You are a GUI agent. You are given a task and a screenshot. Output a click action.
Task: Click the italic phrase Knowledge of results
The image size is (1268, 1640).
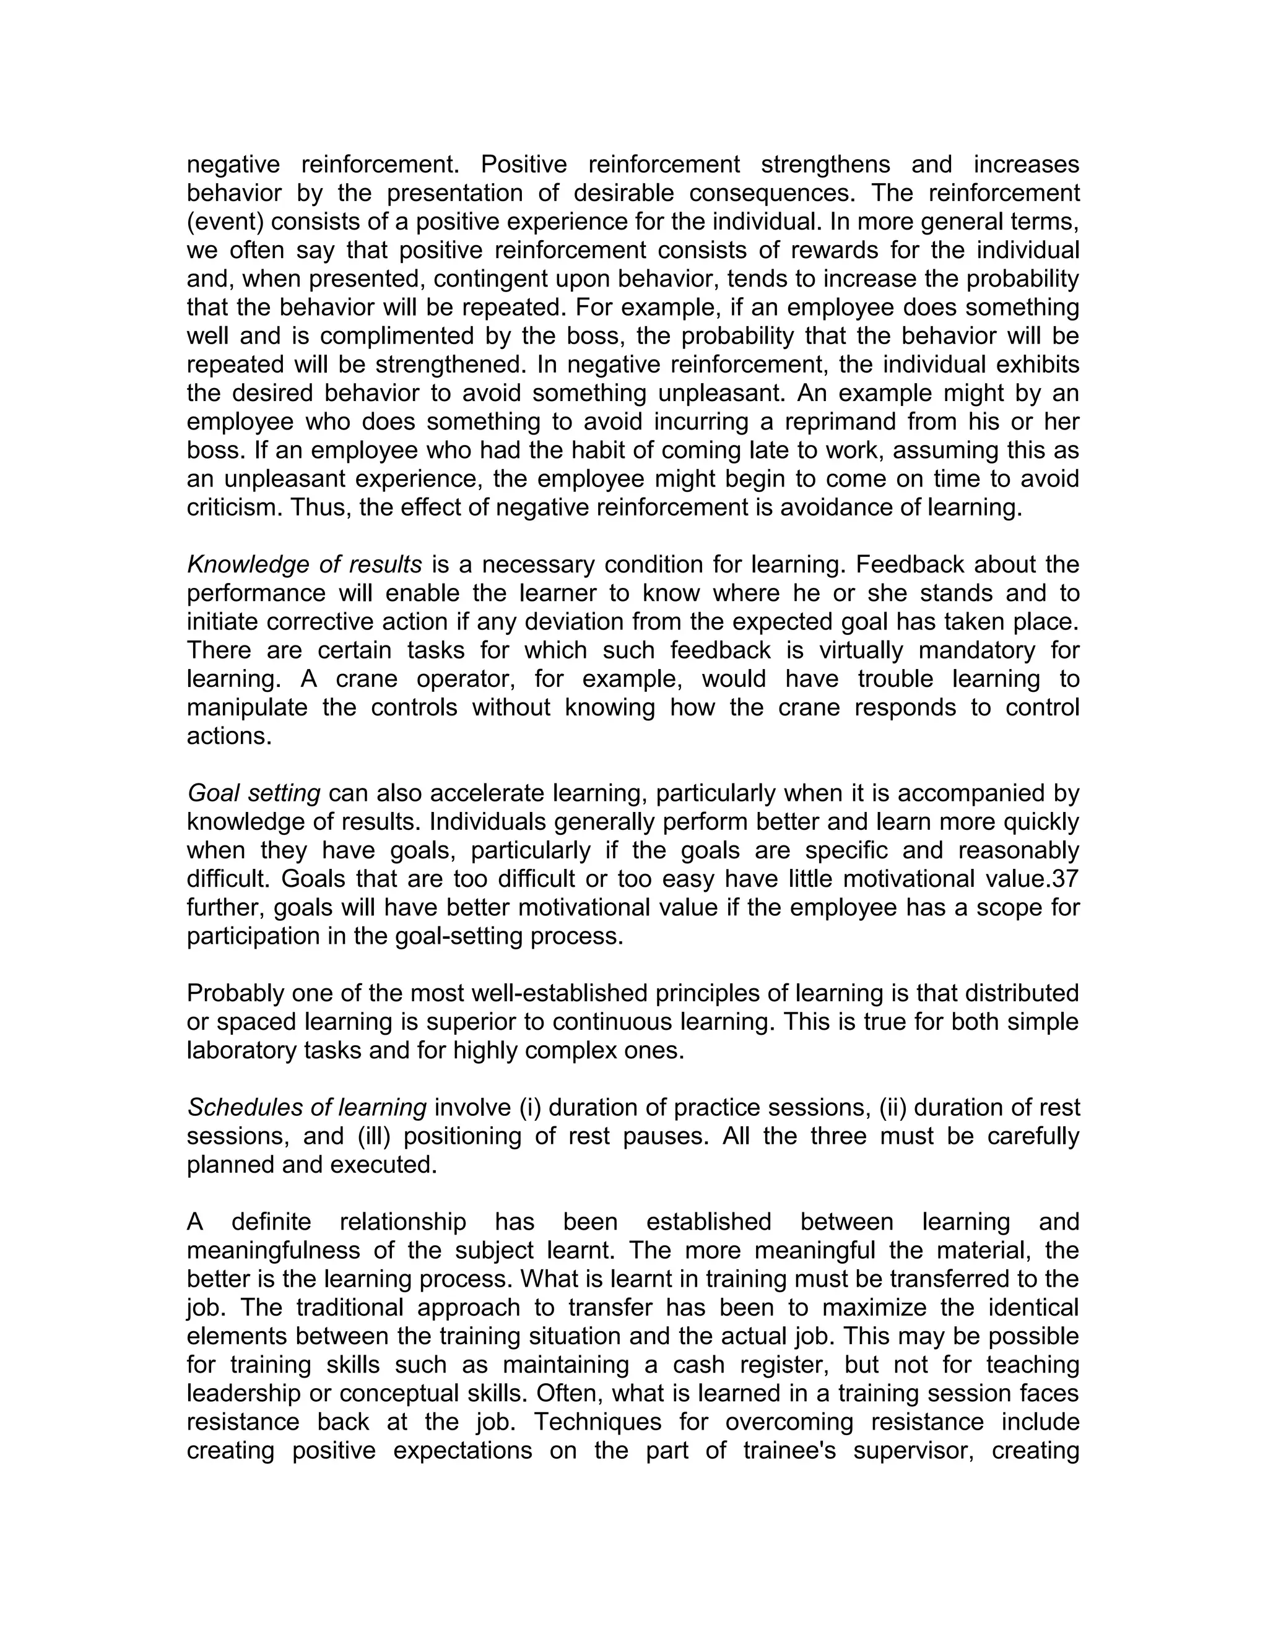pyautogui.click(x=304, y=564)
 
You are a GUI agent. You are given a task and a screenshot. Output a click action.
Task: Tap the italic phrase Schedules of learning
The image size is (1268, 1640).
pyautogui.click(x=306, y=1108)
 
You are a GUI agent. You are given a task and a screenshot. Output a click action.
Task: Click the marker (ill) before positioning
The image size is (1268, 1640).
pyautogui.click(x=374, y=1136)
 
